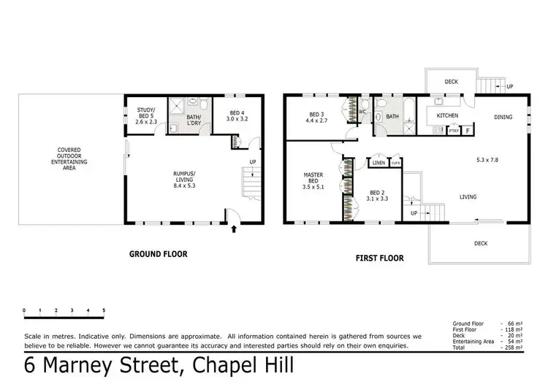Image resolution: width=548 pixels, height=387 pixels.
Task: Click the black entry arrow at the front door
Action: [234, 229]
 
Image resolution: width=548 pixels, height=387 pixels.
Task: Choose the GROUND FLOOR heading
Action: [159, 254]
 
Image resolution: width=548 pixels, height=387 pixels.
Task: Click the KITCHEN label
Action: [447, 116]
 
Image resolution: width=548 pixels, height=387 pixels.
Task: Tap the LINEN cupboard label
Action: [378, 163]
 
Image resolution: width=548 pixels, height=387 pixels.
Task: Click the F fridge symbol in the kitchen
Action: [468, 131]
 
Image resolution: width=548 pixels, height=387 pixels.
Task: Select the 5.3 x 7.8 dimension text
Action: [484, 160]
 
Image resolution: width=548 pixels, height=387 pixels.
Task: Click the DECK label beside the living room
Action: [480, 243]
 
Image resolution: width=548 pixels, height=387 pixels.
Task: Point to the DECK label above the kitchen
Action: [451, 82]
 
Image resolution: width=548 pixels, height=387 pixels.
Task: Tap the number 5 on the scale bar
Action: [104, 311]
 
